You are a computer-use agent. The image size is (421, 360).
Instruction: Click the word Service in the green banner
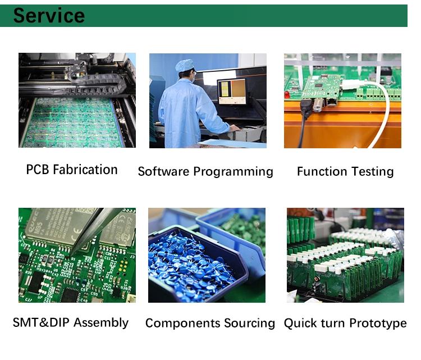(x=49, y=16)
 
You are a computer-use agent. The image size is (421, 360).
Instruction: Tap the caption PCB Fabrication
(x=72, y=170)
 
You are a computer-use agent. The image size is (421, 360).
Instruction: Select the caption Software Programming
(x=205, y=172)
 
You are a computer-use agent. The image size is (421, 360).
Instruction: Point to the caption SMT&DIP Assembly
(x=71, y=322)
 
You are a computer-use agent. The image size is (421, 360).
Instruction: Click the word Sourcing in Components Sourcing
(x=249, y=323)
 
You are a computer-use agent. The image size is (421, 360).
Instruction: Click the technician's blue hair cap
(x=185, y=65)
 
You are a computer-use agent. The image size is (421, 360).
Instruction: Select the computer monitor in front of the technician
(x=231, y=92)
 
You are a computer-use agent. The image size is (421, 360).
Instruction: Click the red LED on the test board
(x=287, y=94)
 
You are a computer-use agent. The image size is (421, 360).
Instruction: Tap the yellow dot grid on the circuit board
(x=123, y=266)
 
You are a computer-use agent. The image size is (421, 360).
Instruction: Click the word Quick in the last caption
(x=300, y=323)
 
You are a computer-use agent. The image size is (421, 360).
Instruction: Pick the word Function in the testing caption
(x=322, y=172)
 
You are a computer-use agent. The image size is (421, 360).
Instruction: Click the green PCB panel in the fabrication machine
(x=73, y=123)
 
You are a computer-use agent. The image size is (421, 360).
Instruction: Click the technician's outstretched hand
(x=235, y=128)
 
